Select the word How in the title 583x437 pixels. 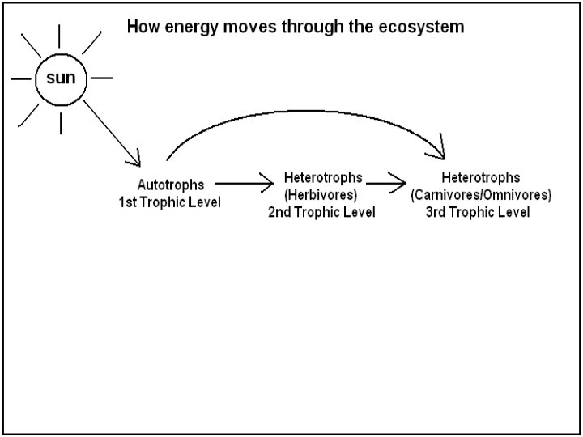[141, 27]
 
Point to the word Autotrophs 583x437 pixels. [171, 185]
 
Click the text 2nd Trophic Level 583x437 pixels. [321, 212]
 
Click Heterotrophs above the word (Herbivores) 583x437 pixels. [322, 177]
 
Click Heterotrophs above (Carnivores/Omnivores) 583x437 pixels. [481, 177]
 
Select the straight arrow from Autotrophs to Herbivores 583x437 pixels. [243, 185]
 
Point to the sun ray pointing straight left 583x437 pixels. [19, 79]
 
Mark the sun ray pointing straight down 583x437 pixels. [61, 125]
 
